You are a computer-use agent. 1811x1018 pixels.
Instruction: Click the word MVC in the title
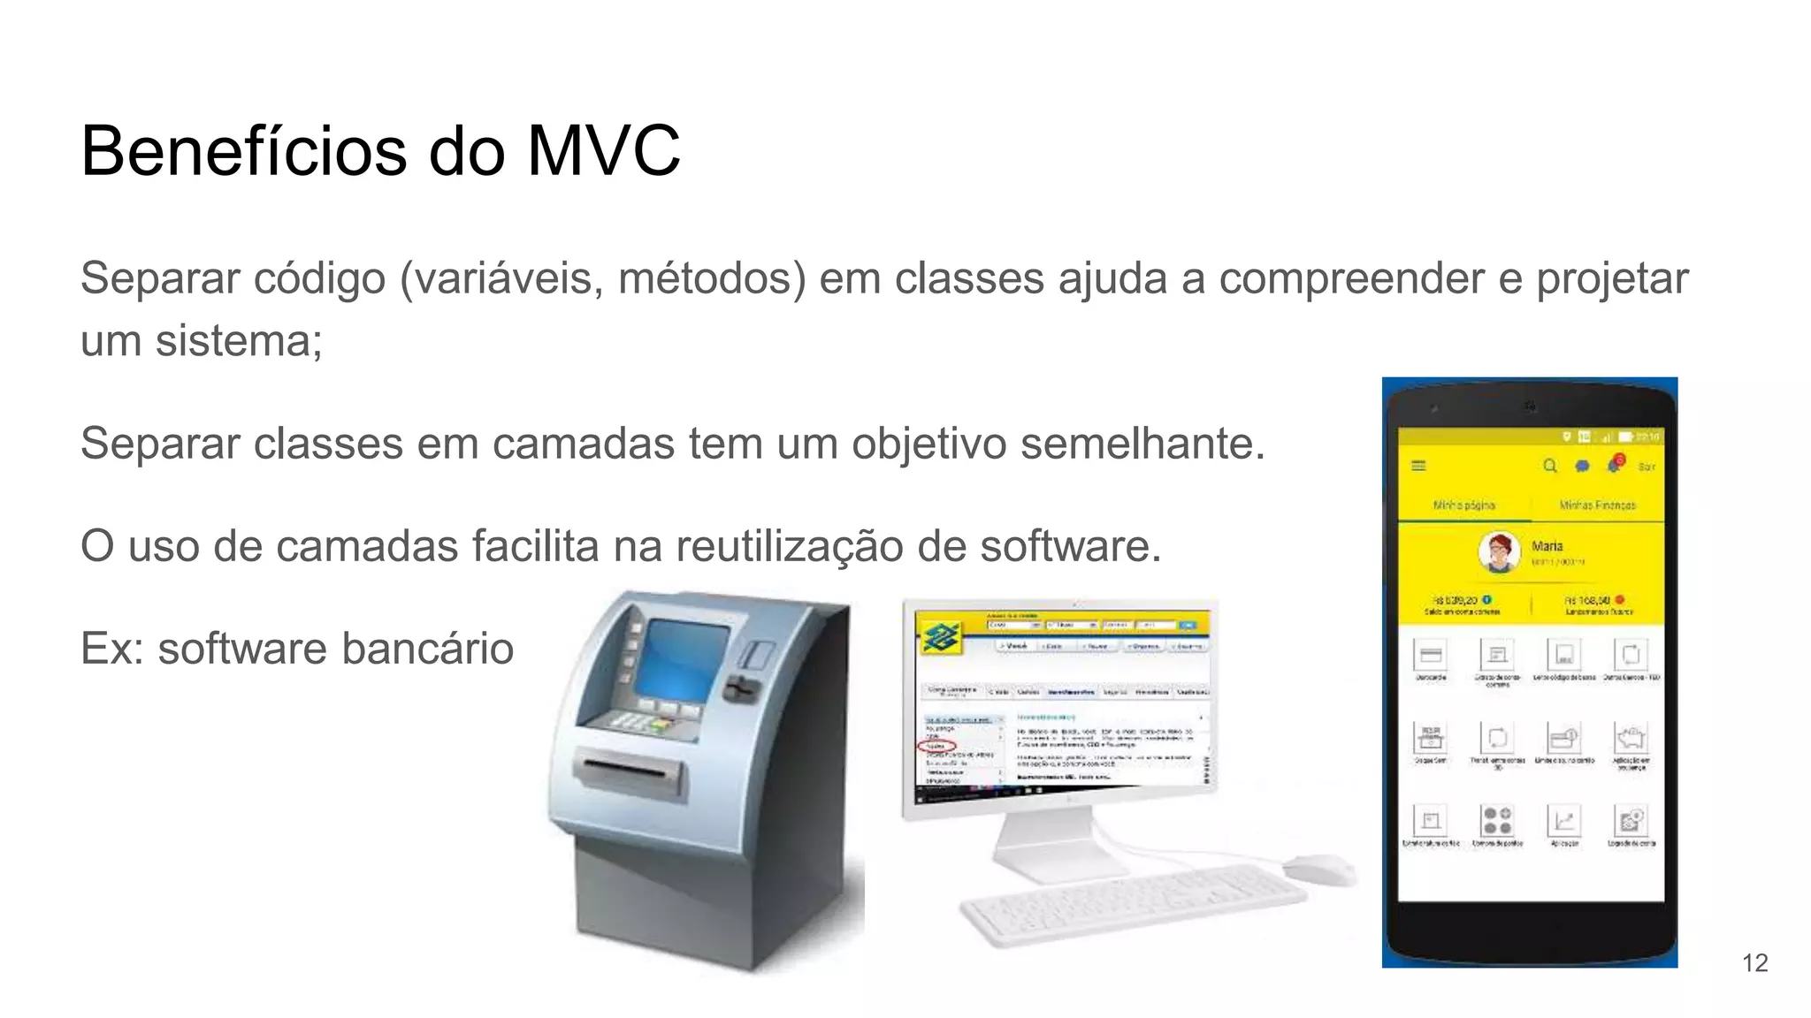point(604,151)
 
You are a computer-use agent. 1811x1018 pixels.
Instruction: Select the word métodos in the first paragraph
point(711,279)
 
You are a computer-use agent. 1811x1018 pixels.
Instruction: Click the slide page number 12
point(1754,962)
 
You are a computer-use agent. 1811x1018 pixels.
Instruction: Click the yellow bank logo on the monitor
point(941,636)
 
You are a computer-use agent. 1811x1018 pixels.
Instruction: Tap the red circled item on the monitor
point(936,747)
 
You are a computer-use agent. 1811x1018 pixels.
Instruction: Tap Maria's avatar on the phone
point(1499,552)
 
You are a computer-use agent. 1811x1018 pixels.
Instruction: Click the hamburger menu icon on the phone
point(1418,466)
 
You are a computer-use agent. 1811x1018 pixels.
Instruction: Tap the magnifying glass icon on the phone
point(1549,466)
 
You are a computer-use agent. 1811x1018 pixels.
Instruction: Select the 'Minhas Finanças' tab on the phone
point(1597,505)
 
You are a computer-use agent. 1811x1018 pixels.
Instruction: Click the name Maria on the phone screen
point(1547,546)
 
